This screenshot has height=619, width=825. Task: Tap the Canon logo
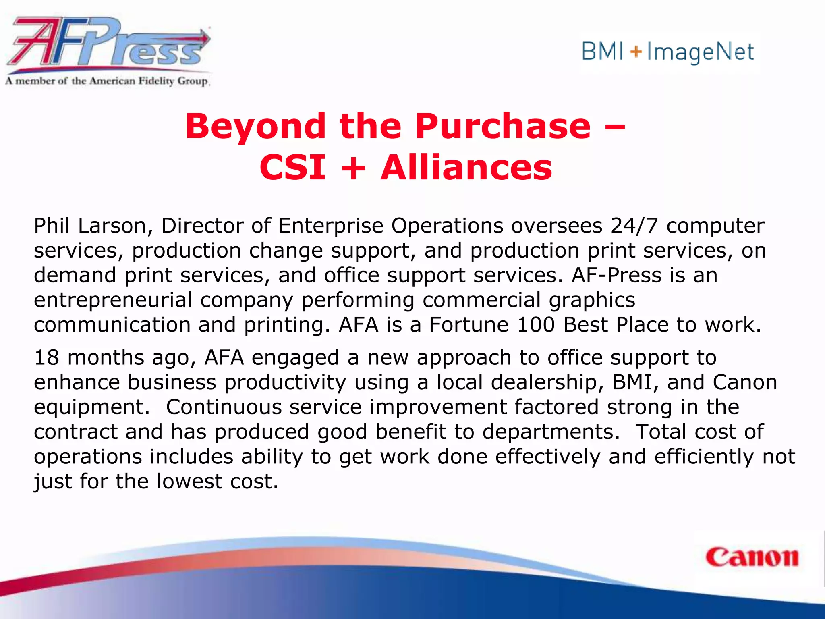coord(752,558)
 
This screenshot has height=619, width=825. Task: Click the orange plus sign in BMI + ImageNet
coord(636,52)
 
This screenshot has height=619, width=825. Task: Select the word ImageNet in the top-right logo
coord(700,53)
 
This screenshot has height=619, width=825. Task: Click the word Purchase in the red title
coord(503,127)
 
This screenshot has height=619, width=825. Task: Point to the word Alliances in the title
coord(466,168)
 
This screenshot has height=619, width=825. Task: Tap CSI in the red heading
coord(292,168)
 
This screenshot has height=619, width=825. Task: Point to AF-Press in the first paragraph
coord(616,276)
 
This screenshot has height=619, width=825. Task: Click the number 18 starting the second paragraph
coord(46,358)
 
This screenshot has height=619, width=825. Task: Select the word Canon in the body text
coord(744,382)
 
